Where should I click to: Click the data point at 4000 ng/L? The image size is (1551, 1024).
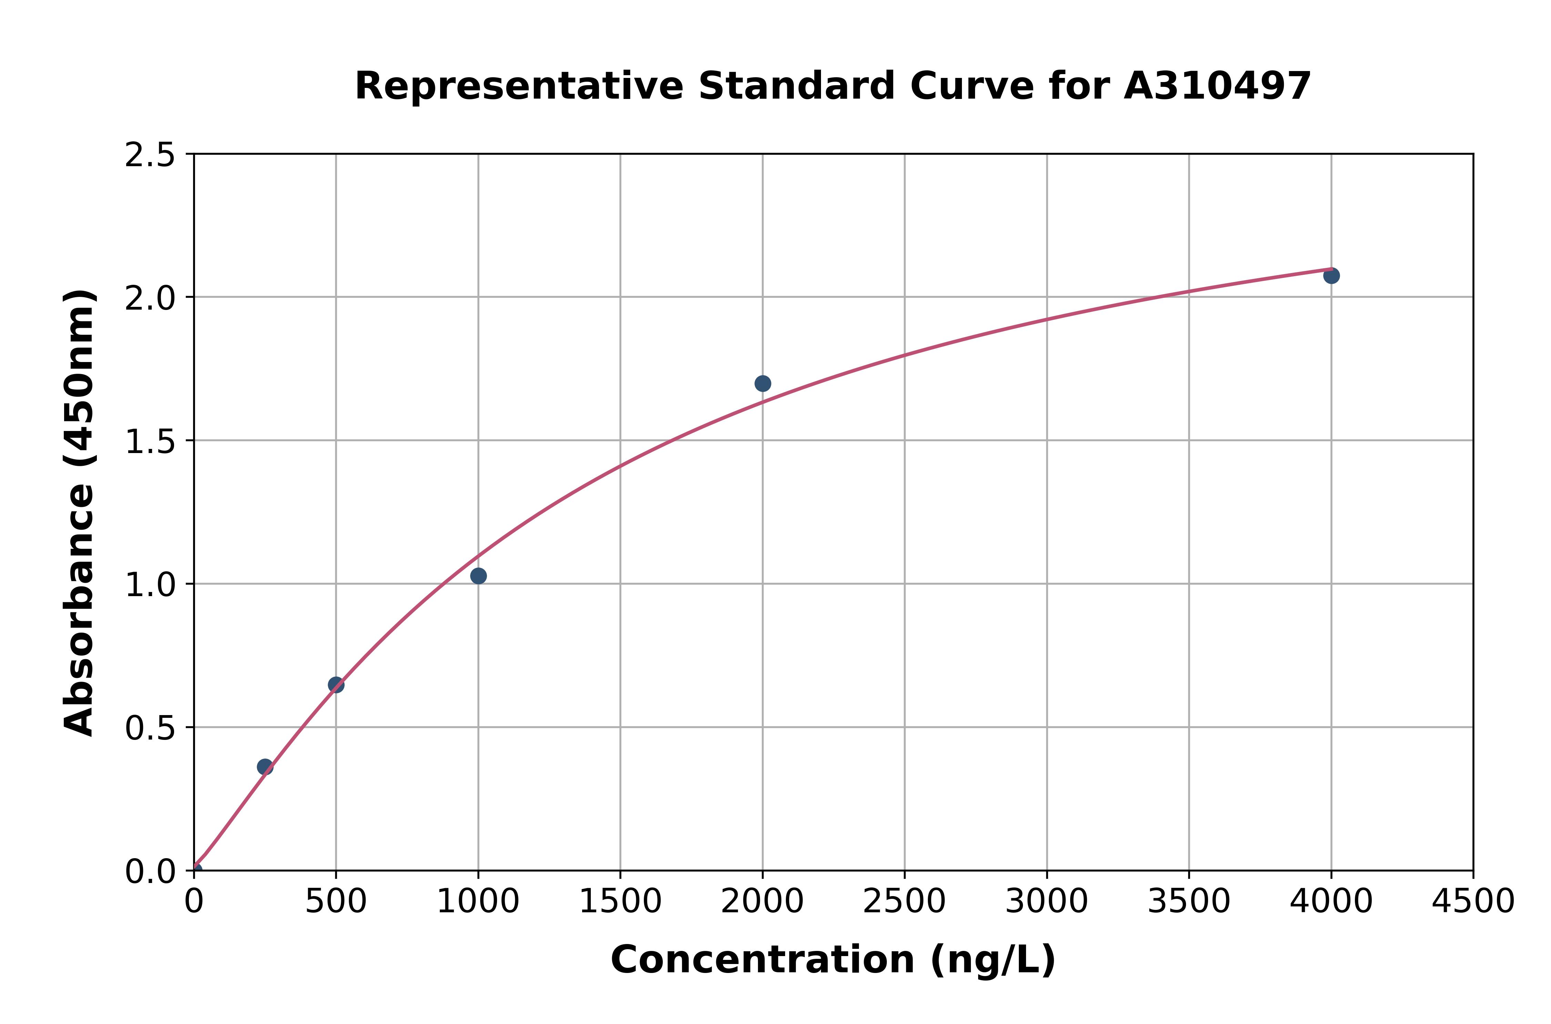[x=1331, y=275]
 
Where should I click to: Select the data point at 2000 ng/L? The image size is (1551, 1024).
[x=762, y=383]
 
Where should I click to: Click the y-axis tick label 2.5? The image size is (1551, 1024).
[x=150, y=155]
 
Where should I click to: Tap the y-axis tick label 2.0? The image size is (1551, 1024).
[x=150, y=299]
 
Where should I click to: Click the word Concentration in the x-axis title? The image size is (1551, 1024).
[x=762, y=960]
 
